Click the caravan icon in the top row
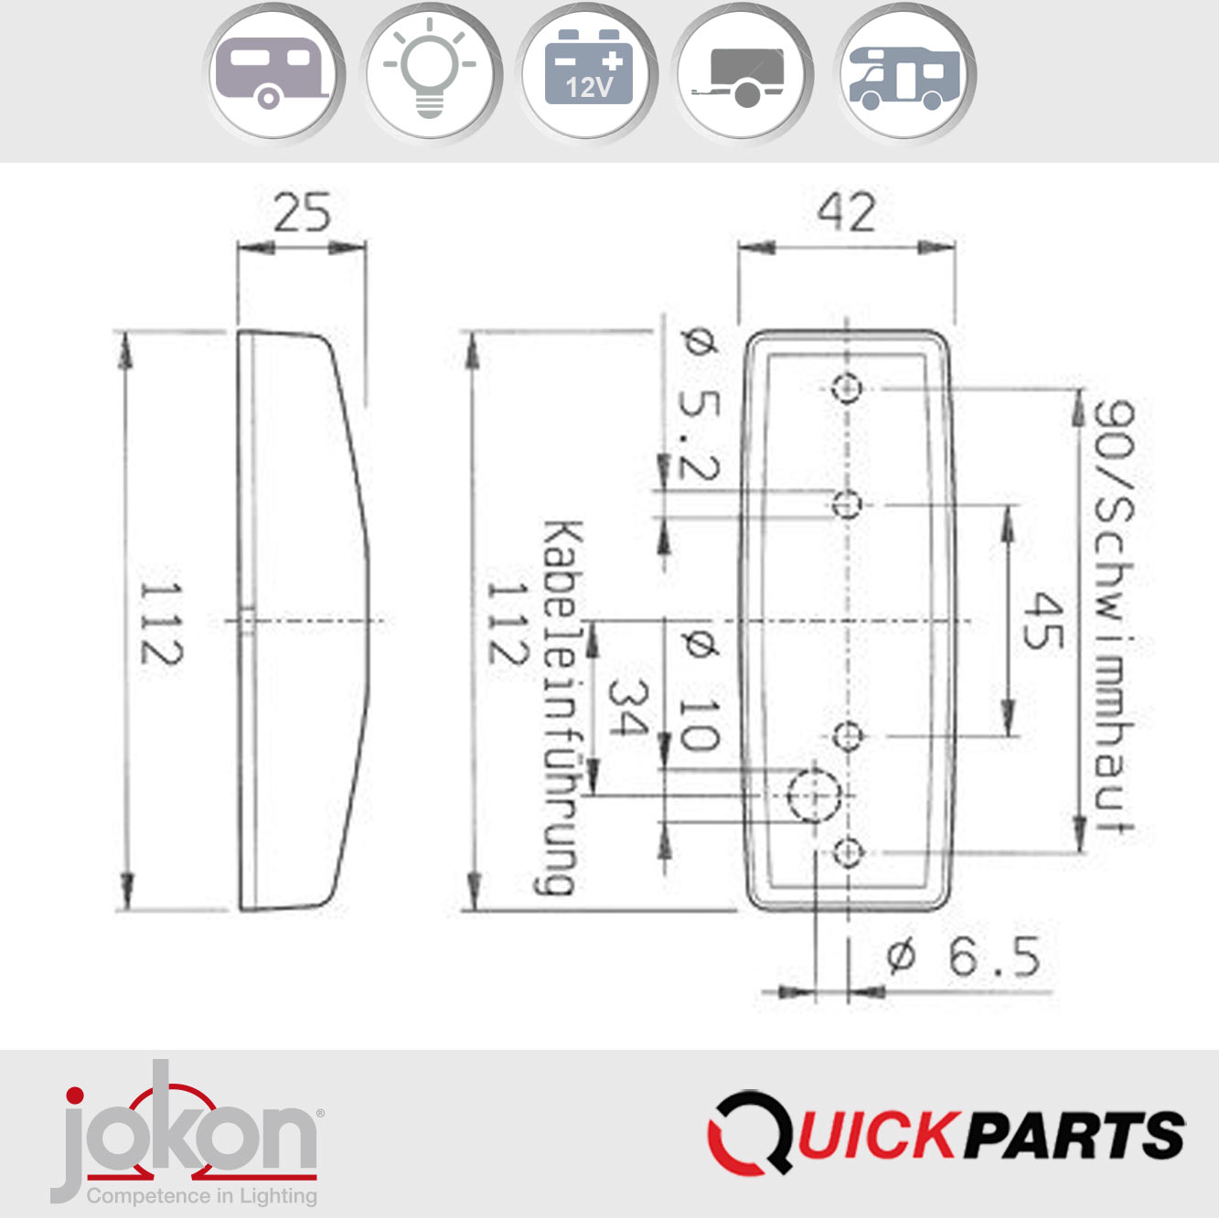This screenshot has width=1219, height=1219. click(273, 74)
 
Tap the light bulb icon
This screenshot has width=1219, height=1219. click(430, 74)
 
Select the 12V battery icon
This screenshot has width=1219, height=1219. click(588, 74)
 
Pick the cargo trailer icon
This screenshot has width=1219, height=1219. click(743, 74)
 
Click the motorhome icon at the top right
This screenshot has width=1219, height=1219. click(904, 74)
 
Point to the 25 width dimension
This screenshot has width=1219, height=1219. click(302, 213)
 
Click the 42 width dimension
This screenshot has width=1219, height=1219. click(847, 213)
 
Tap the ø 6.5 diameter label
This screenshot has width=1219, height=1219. click(964, 957)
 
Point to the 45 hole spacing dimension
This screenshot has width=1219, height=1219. click(1043, 621)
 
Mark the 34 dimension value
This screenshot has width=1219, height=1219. click(627, 708)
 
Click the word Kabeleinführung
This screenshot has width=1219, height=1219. click(560, 707)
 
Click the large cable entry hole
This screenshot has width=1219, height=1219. click(813, 795)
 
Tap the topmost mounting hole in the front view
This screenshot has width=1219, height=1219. click(847, 389)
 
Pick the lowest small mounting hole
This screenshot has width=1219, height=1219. click(848, 853)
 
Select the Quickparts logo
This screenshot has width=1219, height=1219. click(946, 1134)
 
